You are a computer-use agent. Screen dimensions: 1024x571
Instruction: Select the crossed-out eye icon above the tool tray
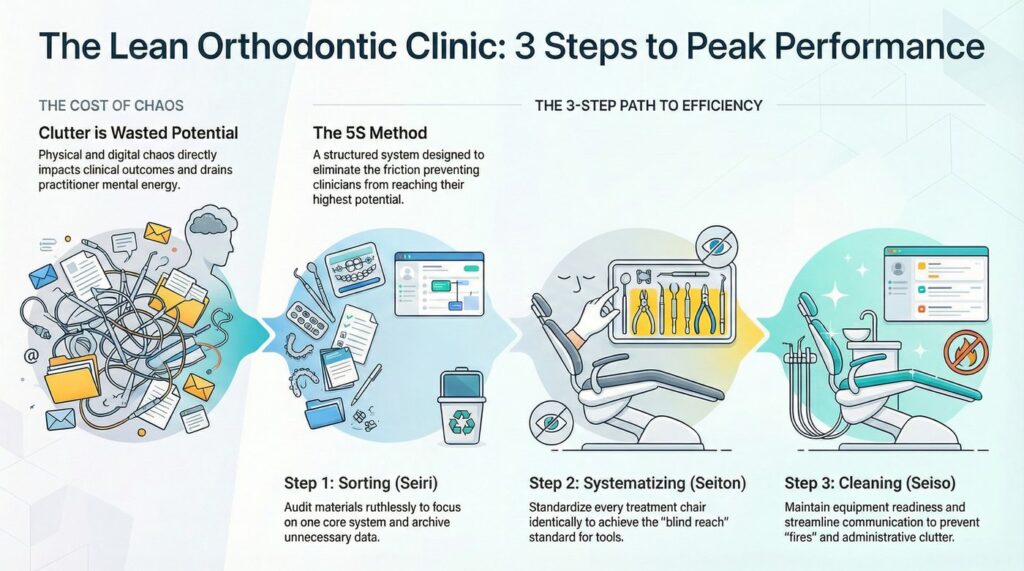pos(716,246)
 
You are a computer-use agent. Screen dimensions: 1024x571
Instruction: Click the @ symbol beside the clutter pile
pos(30,356)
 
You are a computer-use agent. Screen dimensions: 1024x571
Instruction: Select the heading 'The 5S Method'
pos(370,133)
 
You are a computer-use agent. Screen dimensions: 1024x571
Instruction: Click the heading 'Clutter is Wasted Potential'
pos(138,133)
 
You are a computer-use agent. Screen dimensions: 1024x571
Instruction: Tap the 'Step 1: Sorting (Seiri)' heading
pos(361,483)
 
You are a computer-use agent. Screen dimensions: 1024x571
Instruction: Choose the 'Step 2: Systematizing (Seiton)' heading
pos(637,483)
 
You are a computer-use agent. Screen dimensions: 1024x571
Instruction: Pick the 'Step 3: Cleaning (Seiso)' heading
pos(870,483)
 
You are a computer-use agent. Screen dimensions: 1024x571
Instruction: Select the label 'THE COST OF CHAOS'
pos(111,105)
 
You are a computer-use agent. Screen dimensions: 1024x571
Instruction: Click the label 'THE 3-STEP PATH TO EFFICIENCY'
pos(648,105)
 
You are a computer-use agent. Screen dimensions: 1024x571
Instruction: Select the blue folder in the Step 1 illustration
pos(325,412)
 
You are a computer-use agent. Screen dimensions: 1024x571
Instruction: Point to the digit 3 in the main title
pos(524,47)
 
